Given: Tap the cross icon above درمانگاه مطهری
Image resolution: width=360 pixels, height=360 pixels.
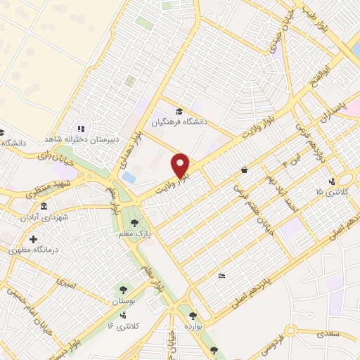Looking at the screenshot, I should click(33, 239).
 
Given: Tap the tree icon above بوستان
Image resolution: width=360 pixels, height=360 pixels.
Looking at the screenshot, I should click(123, 289).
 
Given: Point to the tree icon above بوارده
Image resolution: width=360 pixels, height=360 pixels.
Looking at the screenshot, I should click(192, 316).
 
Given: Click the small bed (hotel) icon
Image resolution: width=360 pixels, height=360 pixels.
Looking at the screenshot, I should click(222, 275).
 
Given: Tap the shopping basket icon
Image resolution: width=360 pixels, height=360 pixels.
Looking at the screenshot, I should click(243, 169).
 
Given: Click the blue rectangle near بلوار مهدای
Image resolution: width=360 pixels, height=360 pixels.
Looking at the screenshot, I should click(129, 178).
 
